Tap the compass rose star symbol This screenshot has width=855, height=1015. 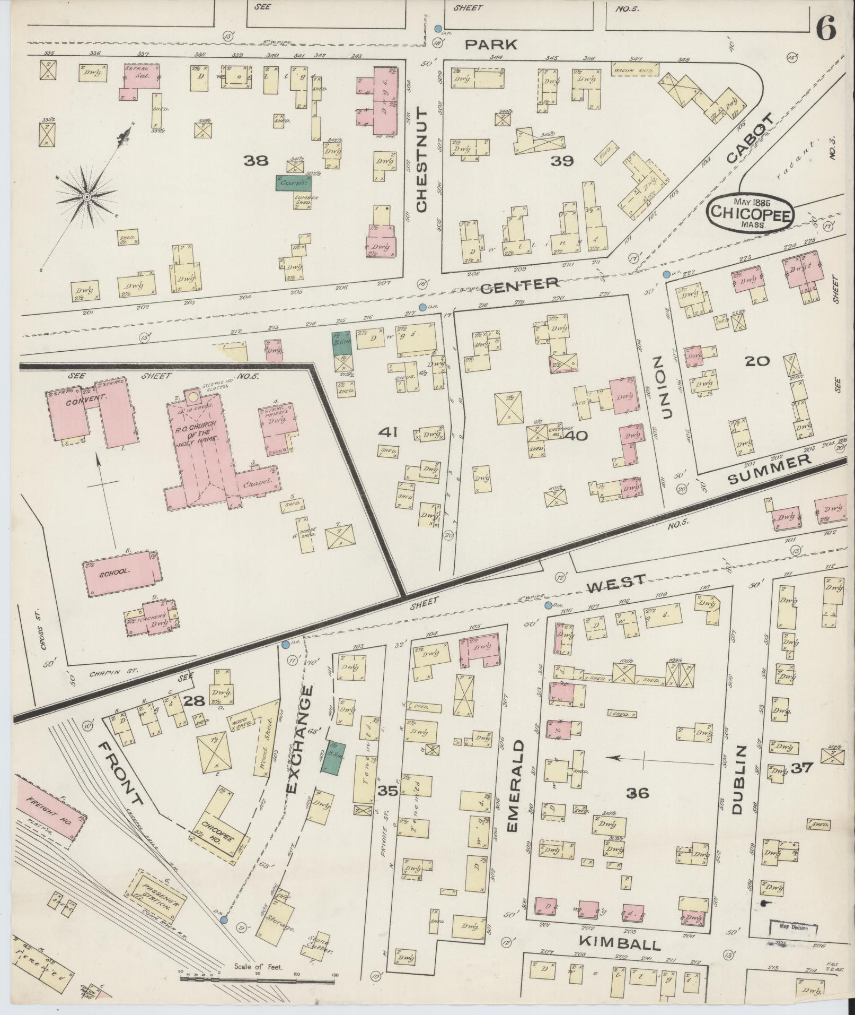(x=85, y=197)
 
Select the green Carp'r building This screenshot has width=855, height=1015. (x=293, y=183)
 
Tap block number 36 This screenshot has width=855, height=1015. (x=637, y=793)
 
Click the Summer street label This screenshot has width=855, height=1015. (x=770, y=470)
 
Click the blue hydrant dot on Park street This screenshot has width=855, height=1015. (x=438, y=28)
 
